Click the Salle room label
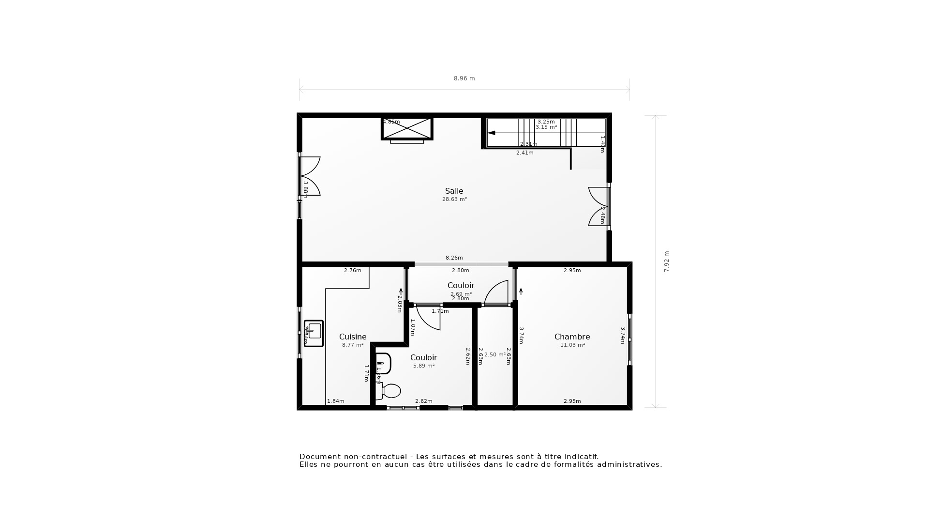pos(454,191)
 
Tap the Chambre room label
pos(572,337)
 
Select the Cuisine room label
pos(353,337)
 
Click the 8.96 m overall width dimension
pos(464,78)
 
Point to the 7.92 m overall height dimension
pos(666,261)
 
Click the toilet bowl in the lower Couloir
pos(391,391)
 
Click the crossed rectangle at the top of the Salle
pos(407,128)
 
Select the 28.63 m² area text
pos(454,200)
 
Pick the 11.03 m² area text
pos(572,345)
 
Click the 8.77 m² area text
pos(353,345)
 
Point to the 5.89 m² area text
pos(423,366)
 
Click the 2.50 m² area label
pos(495,355)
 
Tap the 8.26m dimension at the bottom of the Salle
pos(454,258)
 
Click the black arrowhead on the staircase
pos(491,133)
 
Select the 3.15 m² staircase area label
pos(546,127)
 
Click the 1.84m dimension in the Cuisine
pos(335,401)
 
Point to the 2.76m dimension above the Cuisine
pos(352,271)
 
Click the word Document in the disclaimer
pos(319,457)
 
